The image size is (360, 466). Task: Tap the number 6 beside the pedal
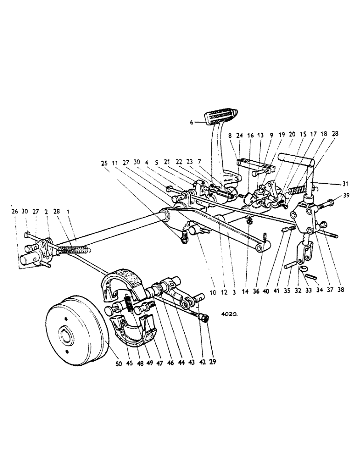coord(191,123)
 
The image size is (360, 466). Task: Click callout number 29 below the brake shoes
coord(214,362)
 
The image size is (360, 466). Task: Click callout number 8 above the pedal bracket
coord(230,136)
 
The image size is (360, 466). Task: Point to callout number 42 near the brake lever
coord(202,362)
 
